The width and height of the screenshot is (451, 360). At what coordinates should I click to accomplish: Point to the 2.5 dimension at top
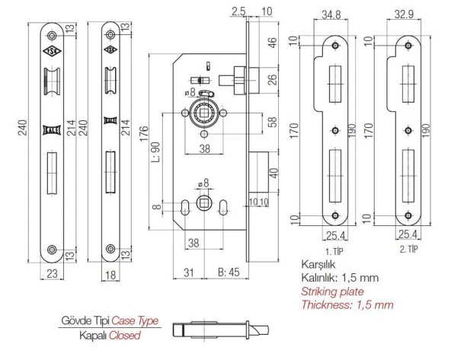[x=237, y=10]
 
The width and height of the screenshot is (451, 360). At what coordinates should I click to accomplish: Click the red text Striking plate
[x=332, y=292]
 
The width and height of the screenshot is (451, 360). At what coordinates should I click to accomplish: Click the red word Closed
[x=123, y=334]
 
